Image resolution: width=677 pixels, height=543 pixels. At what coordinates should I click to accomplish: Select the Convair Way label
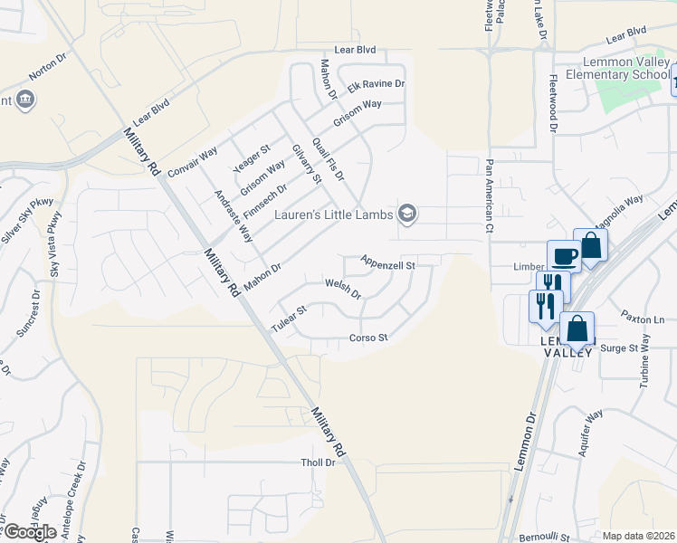192,161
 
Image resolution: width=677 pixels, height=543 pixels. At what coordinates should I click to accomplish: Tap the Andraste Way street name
233,216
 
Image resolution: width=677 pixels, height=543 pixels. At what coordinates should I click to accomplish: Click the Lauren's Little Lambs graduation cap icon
408,214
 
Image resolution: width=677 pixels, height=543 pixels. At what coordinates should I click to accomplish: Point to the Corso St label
368,338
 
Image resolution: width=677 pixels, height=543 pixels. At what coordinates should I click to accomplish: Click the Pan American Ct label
489,195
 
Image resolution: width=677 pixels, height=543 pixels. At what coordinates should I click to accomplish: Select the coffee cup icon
564,256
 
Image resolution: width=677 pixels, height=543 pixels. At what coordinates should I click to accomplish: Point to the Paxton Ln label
642,319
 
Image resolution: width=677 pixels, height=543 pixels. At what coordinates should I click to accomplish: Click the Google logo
29,532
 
